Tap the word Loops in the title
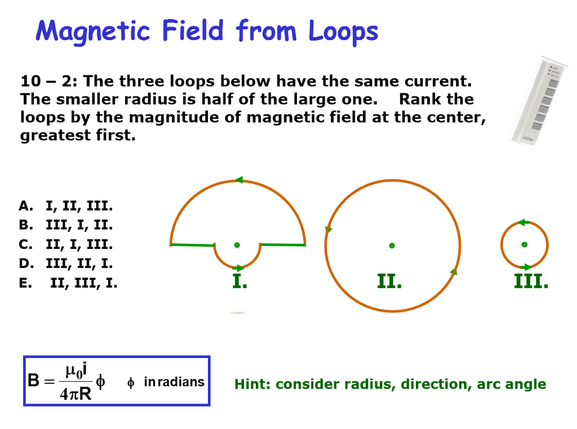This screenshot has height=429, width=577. pos(343,32)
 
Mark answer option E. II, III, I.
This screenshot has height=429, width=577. pos(68,283)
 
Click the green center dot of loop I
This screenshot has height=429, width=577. pos(237,245)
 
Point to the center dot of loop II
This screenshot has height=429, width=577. pos(392,245)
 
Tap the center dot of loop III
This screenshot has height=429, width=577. pos(525,244)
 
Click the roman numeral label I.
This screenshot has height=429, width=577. pos(239,281)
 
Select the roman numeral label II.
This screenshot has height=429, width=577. pos(389,281)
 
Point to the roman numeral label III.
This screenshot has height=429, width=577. pos(531,281)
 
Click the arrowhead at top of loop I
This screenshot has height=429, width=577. pos(239,180)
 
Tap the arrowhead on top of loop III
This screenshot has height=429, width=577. pos(522,223)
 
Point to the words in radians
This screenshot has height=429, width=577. pos(174,382)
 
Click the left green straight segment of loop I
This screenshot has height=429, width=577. pos(192,245)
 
